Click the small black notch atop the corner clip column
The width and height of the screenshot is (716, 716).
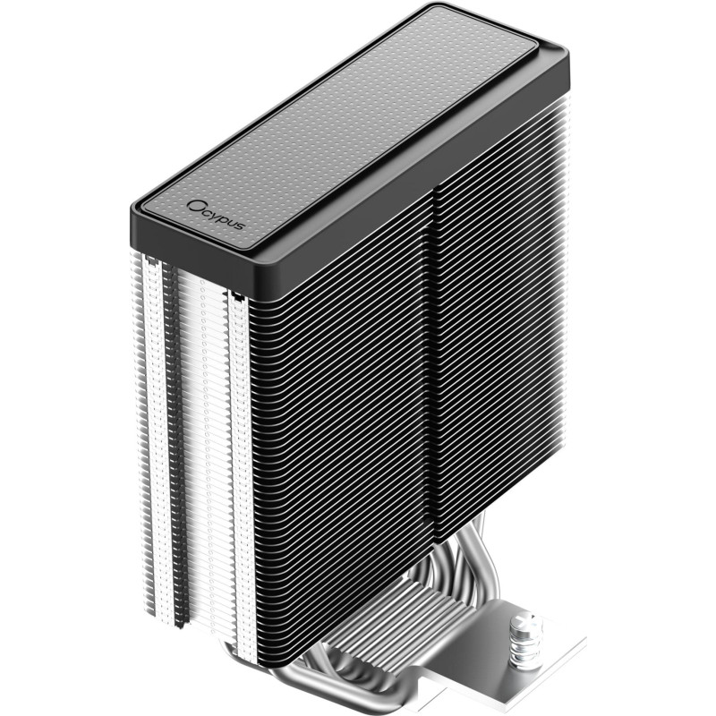[237, 294]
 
